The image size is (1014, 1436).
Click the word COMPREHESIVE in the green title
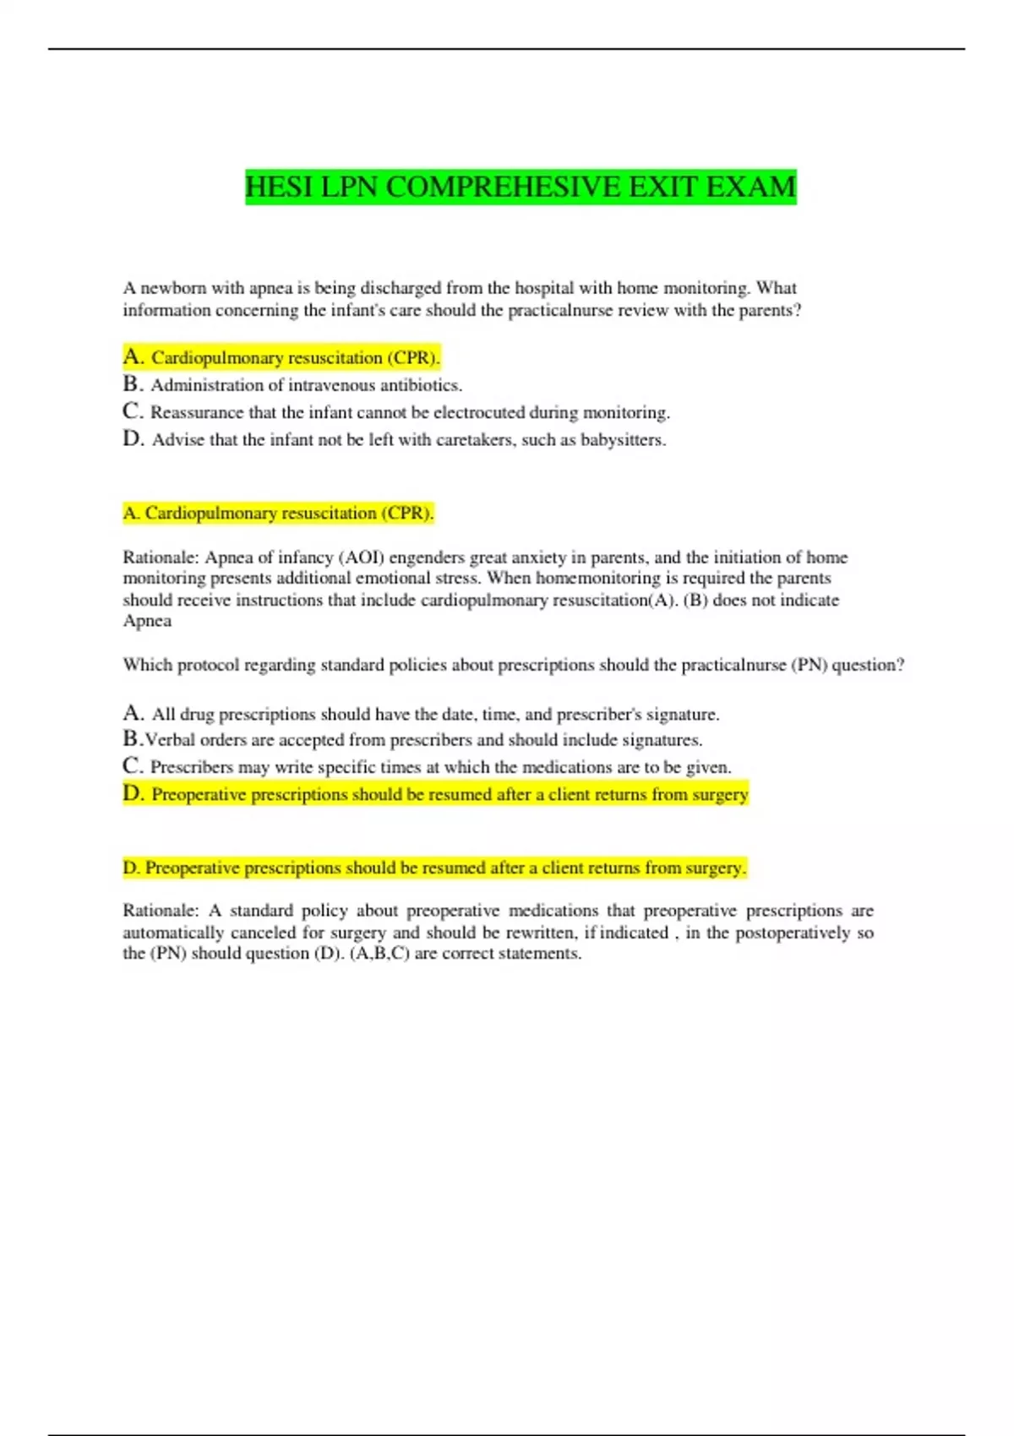click(503, 187)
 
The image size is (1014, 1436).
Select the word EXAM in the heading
click(750, 187)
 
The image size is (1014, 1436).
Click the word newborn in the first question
click(172, 288)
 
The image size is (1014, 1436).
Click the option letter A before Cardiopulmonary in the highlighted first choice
click(133, 356)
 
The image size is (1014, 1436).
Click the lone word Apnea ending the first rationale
click(147, 621)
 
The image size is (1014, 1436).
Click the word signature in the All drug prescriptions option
click(681, 715)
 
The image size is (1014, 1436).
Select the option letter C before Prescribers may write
click(132, 766)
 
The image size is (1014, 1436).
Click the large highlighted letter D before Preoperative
click(133, 793)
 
